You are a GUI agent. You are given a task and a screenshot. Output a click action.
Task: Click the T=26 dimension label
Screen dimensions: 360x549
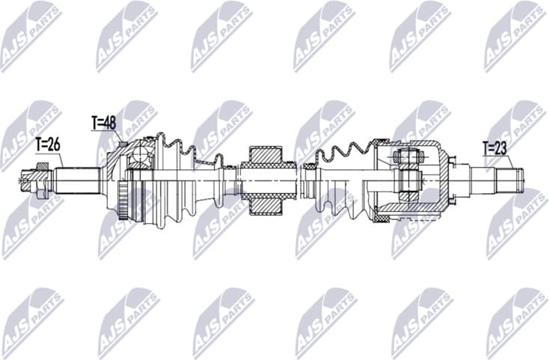pos(47,145)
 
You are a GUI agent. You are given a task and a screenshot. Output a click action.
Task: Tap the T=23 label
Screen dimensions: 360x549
pos(494,147)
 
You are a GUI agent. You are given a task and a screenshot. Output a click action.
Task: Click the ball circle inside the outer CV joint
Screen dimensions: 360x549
pos(139,157)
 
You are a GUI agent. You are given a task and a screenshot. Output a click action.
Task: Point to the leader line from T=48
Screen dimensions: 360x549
pos(120,135)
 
